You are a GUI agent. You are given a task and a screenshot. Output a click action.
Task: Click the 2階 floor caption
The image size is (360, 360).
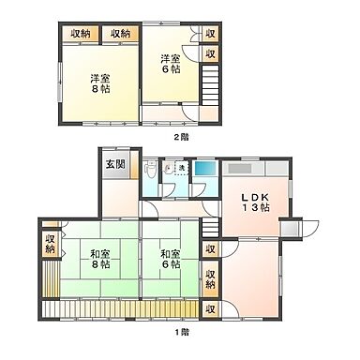[x=180, y=137]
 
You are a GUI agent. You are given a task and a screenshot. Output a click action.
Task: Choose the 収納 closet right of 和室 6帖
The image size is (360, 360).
[x=212, y=278]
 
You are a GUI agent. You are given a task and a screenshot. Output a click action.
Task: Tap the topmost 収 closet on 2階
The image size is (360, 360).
[x=211, y=35]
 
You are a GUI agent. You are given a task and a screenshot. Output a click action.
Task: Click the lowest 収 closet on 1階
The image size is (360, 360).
[x=212, y=307]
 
